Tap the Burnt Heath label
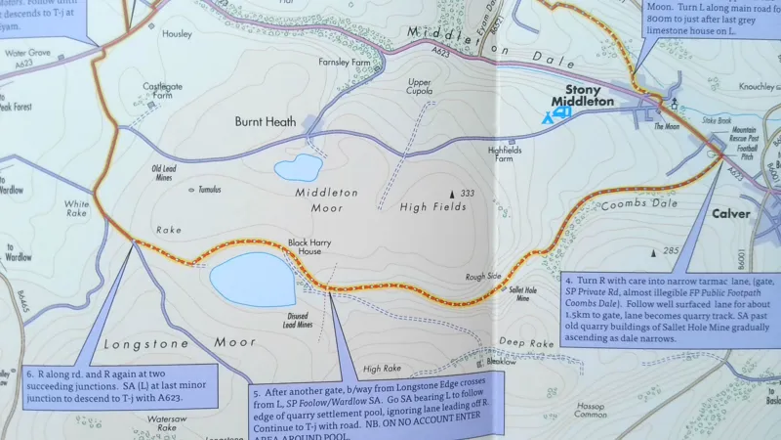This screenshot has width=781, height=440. (265, 123)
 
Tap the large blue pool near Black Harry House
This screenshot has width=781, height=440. (252, 278)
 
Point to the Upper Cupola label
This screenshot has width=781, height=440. (419, 86)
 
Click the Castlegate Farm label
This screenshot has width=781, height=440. (163, 92)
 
